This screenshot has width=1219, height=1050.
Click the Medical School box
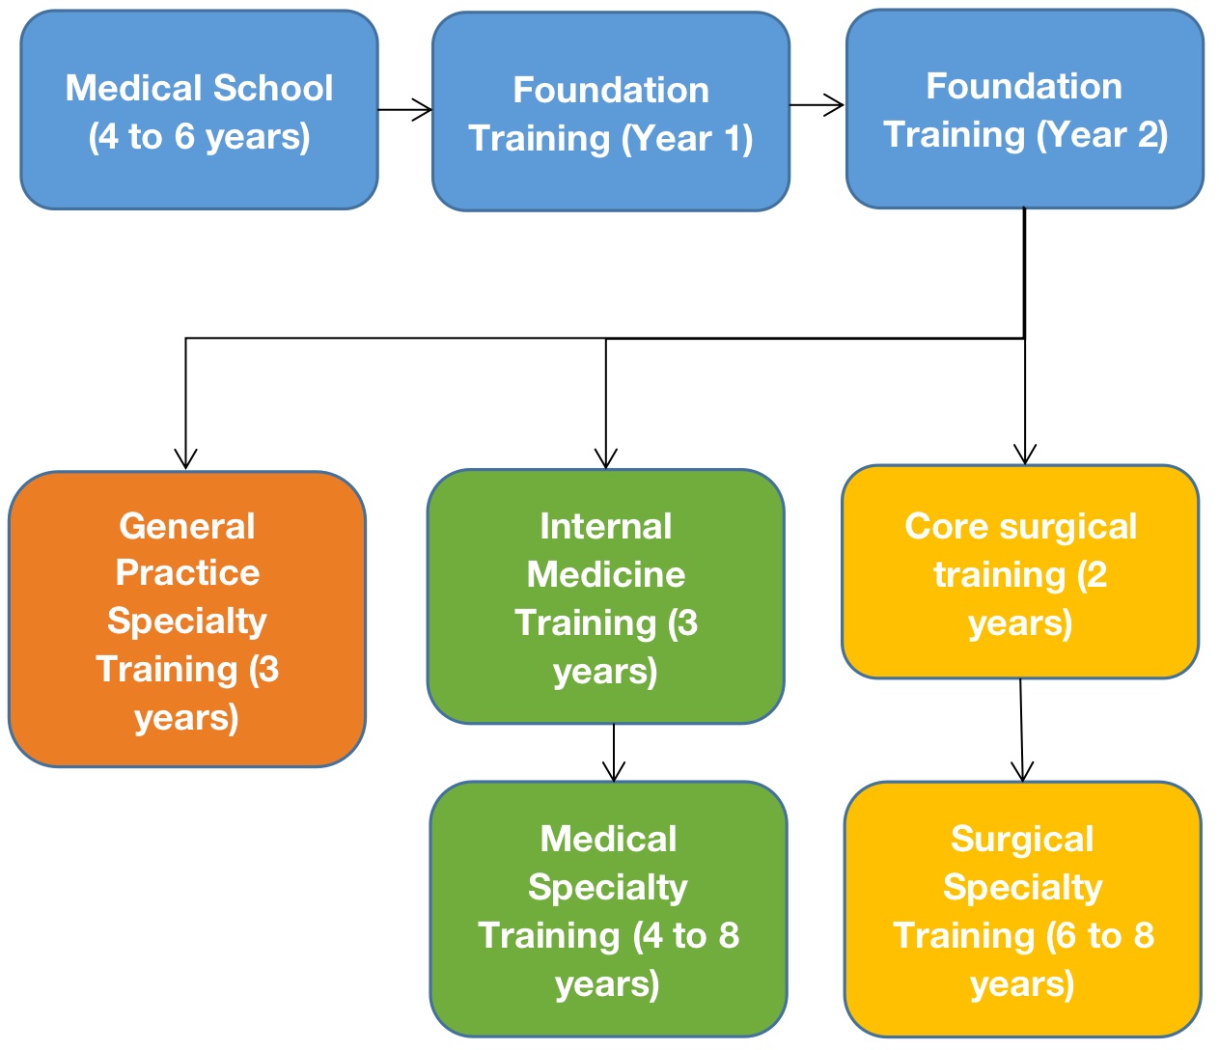point(199,110)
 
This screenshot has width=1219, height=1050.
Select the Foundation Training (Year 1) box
point(610,112)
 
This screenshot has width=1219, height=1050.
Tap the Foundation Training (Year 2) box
point(1024,109)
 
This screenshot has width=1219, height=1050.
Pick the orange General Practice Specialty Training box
point(186,620)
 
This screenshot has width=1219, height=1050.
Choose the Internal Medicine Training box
point(605,596)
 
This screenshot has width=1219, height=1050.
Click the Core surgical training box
point(1020,572)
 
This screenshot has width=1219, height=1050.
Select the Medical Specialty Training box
point(608,909)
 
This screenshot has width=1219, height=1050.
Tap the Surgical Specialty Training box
point(1022,909)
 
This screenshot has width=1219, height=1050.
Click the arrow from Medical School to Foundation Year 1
point(405,109)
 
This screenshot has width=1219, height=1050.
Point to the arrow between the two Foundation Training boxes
point(817,105)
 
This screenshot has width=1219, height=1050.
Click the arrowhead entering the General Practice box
point(185,457)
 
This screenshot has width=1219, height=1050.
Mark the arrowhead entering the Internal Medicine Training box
point(606,457)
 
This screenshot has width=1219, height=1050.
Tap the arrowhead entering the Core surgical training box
point(1025,454)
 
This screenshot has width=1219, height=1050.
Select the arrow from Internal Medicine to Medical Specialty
point(614,753)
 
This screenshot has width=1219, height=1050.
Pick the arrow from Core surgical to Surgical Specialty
point(1021,731)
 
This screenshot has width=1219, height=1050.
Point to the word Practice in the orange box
point(187,573)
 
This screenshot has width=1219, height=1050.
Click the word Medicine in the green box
point(606,575)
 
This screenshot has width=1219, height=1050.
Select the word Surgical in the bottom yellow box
point(1022,840)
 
